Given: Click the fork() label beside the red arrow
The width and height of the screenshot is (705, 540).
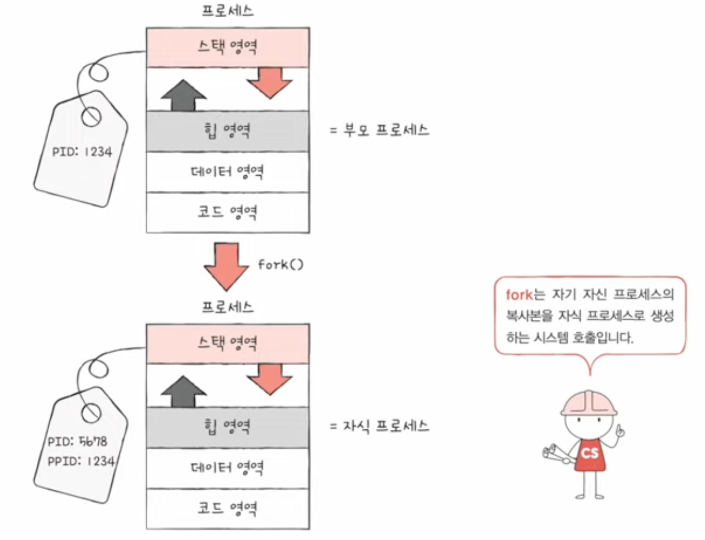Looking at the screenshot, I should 281,264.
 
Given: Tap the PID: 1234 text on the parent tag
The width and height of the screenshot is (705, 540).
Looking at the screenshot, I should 82,152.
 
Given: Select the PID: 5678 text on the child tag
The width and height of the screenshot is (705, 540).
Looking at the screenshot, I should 77,441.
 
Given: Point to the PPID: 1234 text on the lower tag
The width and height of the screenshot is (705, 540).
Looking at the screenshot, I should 81,461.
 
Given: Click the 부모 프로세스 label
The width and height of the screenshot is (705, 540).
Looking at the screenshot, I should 386,130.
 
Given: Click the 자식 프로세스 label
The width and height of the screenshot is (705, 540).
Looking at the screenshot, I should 386,426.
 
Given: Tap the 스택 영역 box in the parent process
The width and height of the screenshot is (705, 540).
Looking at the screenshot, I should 228,47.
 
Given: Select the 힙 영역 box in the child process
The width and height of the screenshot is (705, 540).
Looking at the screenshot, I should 228,427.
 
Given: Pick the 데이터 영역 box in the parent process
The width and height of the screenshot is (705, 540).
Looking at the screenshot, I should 228,172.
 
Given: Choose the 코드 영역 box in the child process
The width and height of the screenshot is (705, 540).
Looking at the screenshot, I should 228,509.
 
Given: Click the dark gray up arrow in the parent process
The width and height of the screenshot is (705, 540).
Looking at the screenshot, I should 183,96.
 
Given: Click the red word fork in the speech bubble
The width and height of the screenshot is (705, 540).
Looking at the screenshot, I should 519,295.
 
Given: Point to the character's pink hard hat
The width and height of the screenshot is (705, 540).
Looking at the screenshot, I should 589,403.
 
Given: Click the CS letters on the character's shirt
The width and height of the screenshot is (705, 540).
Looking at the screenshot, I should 590,453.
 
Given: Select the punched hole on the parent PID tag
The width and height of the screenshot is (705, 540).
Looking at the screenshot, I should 91,117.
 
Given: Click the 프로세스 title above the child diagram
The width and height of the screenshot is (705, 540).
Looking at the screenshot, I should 228,307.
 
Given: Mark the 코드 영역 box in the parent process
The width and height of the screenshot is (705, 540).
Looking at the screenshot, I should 228,212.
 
